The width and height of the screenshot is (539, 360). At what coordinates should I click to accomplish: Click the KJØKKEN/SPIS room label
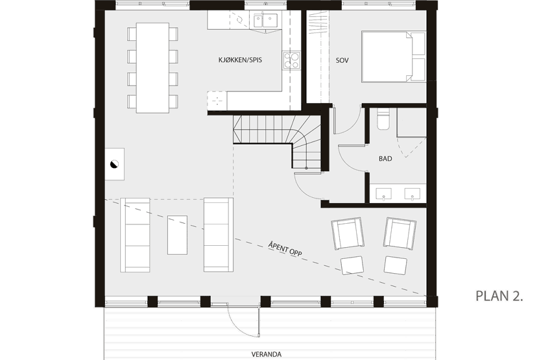[240, 60]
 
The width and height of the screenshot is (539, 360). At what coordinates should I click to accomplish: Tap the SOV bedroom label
[342, 60]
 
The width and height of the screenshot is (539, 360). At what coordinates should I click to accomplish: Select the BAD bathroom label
[385, 158]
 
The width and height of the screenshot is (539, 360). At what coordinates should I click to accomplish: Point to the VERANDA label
[266, 354]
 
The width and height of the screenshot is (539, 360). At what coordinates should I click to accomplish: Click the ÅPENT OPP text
[285, 249]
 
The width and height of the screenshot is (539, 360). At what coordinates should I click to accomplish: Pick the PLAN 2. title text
[499, 296]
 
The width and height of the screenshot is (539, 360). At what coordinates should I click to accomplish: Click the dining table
[152, 67]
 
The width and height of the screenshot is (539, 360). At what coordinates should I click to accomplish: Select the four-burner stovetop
[291, 60]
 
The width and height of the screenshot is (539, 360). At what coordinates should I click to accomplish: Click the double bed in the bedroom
[394, 56]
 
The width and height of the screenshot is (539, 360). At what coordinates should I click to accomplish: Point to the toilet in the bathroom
[383, 119]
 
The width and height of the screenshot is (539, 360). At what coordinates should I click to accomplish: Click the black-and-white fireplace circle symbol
[114, 164]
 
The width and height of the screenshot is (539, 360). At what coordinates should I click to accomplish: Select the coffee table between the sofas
[177, 235]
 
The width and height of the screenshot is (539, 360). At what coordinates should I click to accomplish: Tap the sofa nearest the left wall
[135, 235]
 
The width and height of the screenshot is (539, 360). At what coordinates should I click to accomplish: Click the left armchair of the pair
[348, 233]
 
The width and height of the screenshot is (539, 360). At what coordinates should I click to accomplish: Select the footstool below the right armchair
[395, 265]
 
